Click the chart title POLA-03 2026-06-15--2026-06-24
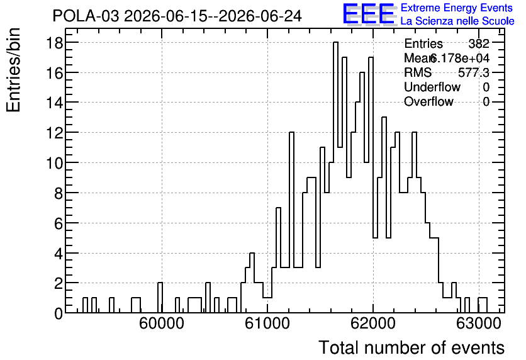(177, 16)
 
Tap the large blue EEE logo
(369, 14)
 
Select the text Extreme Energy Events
(457, 8)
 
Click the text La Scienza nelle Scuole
(457, 21)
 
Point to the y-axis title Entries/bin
(13, 70)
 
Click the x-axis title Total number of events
(411, 347)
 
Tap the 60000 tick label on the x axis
(162, 323)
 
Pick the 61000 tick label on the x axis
(267, 323)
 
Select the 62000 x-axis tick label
(373, 323)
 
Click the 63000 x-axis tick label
(479, 323)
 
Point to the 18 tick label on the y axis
(54, 43)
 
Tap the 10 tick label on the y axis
(54, 163)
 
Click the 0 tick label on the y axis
(59, 313)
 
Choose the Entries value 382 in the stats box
(479, 43)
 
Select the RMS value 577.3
(474, 72)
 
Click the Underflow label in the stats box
(432, 87)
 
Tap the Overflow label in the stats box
(428, 101)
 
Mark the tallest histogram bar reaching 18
(335, 177)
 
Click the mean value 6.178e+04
(459, 58)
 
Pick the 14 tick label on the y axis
(54, 103)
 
